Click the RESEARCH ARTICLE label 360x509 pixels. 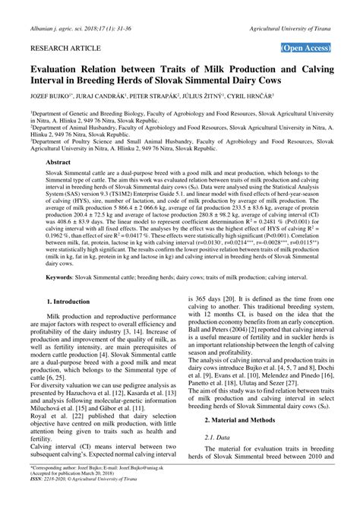64,47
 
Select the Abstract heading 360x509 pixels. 62,163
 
